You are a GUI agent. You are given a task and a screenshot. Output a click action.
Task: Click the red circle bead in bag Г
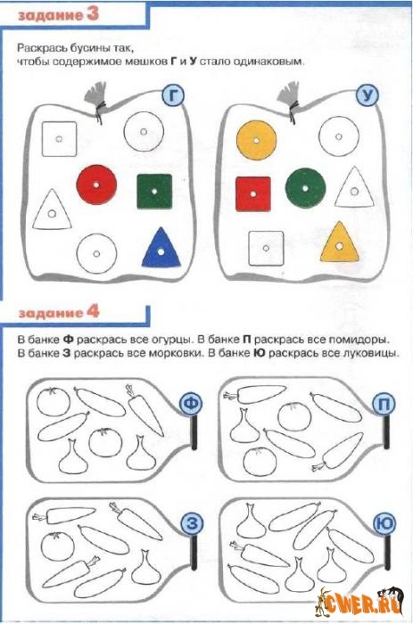pyautogui.click(x=96, y=185)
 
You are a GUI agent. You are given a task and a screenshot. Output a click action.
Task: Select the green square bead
pyautogui.click(x=154, y=191)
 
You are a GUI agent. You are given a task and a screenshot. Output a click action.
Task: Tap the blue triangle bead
pyautogui.click(x=161, y=249)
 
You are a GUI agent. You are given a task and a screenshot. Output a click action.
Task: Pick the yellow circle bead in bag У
pyautogui.click(x=257, y=140)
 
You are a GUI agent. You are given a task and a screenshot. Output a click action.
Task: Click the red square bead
pyautogui.click(x=253, y=193)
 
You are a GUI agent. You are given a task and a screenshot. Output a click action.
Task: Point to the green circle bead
pyautogui.click(x=305, y=188)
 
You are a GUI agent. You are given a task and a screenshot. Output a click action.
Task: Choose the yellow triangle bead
pyautogui.click(x=339, y=242)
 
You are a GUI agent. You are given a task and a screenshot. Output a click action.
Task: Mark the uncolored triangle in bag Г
pyautogui.click(x=52, y=211)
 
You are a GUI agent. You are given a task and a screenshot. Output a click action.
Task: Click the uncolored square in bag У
pyautogui.click(x=266, y=249)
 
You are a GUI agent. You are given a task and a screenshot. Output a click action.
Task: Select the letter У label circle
pyautogui.click(x=367, y=95)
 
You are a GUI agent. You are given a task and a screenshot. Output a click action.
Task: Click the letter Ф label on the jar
pyautogui.click(x=191, y=404)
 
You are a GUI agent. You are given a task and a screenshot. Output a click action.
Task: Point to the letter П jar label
pyautogui.click(x=384, y=404)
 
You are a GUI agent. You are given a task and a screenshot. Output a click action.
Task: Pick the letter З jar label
pyautogui.click(x=192, y=523)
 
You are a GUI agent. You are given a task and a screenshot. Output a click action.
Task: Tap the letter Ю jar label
pyautogui.click(x=384, y=523)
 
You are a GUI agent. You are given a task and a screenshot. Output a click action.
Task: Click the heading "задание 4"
pyautogui.click(x=59, y=313)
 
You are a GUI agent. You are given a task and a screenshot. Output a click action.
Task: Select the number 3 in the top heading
pyautogui.click(x=92, y=14)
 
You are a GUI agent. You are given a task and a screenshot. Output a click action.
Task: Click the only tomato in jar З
pyautogui.click(x=57, y=547)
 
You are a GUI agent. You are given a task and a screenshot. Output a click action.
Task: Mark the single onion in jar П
pyautogui.click(x=245, y=425)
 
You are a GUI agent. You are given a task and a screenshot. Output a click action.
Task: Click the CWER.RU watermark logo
pyautogui.click(x=359, y=602)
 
